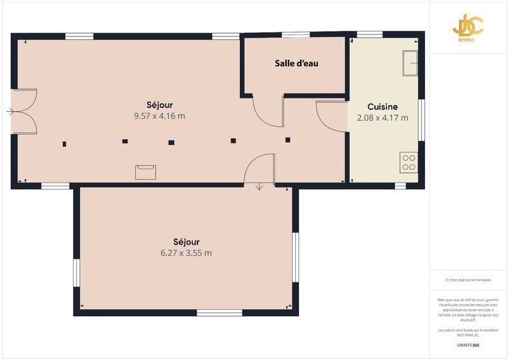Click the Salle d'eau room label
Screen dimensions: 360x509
pyautogui.click(x=296, y=63)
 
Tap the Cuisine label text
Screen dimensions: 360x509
pyautogui.click(x=382, y=107)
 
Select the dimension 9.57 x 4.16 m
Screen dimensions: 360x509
pyautogui.click(x=159, y=116)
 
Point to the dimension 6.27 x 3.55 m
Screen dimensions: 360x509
pyautogui.click(x=186, y=253)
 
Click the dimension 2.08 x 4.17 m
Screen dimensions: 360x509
pyautogui.click(x=382, y=118)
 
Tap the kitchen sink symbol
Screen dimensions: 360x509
pyautogui.click(x=409, y=62)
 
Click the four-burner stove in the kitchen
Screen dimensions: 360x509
pyautogui.click(x=408, y=162)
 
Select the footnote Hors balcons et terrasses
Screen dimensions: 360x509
pyautogui.click(x=468, y=280)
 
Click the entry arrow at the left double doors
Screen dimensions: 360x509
pyautogui.click(x=10, y=112)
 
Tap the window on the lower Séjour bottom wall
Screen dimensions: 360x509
pyautogui.click(x=219, y=312)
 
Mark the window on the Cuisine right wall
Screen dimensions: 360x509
pyautogui.click(x=421, y=118)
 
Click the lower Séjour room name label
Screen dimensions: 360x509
pyautogui.click(x=186, y=242)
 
